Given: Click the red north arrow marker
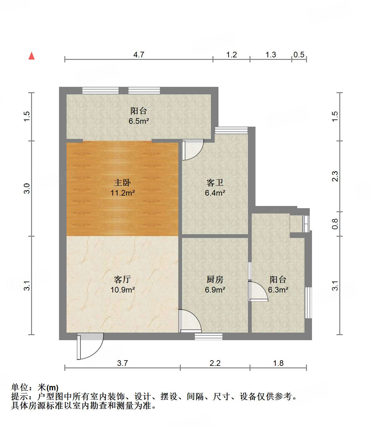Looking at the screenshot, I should [x=31, y=56].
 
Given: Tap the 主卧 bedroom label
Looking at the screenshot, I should [x=122, y=182].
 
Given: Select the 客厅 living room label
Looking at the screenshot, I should [x=122, y=279].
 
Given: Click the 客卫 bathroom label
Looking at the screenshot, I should [x=215, y=182].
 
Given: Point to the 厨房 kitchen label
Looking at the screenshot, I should [x=215, y=279].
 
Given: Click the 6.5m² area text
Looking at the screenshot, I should [x=138, y=121].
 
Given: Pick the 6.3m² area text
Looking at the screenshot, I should [x=278, y=290].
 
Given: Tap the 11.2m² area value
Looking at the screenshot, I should [x=122, y=193].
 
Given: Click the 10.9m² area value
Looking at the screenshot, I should [x=122, y=290].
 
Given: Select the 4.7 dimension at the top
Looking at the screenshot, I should [x=139, y=55].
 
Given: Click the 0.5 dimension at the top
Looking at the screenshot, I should [x=299, y=55].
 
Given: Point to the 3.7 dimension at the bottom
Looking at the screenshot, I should [x=122, y=363].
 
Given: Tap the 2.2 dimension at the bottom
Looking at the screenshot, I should [x=215, y=363].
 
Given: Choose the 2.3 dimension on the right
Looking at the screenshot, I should [x=335, y=176].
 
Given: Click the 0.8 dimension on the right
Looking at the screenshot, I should [x=335, y=224].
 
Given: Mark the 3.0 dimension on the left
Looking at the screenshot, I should [x=27, y=188].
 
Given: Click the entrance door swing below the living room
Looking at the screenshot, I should [x=90, y=346].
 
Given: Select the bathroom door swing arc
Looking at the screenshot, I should [x=192, y=150].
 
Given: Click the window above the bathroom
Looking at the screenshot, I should [x=231, y=130].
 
